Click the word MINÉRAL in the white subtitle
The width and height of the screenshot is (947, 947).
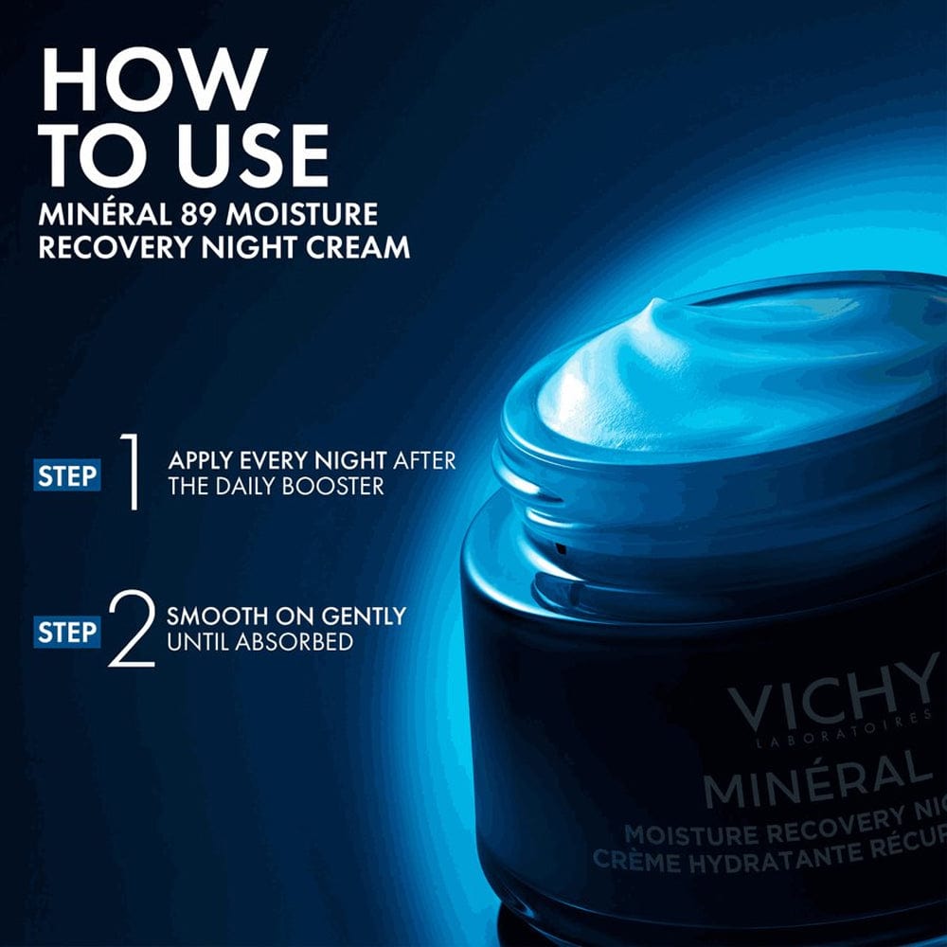95,214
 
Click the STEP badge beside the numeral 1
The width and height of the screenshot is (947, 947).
67,475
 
